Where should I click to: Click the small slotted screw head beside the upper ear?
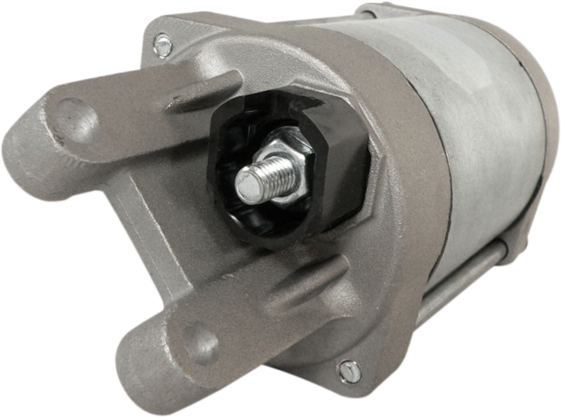pyautogui.click(x=162, y=44)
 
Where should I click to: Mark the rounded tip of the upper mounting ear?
pyautogui.click(x=21, y=145)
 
